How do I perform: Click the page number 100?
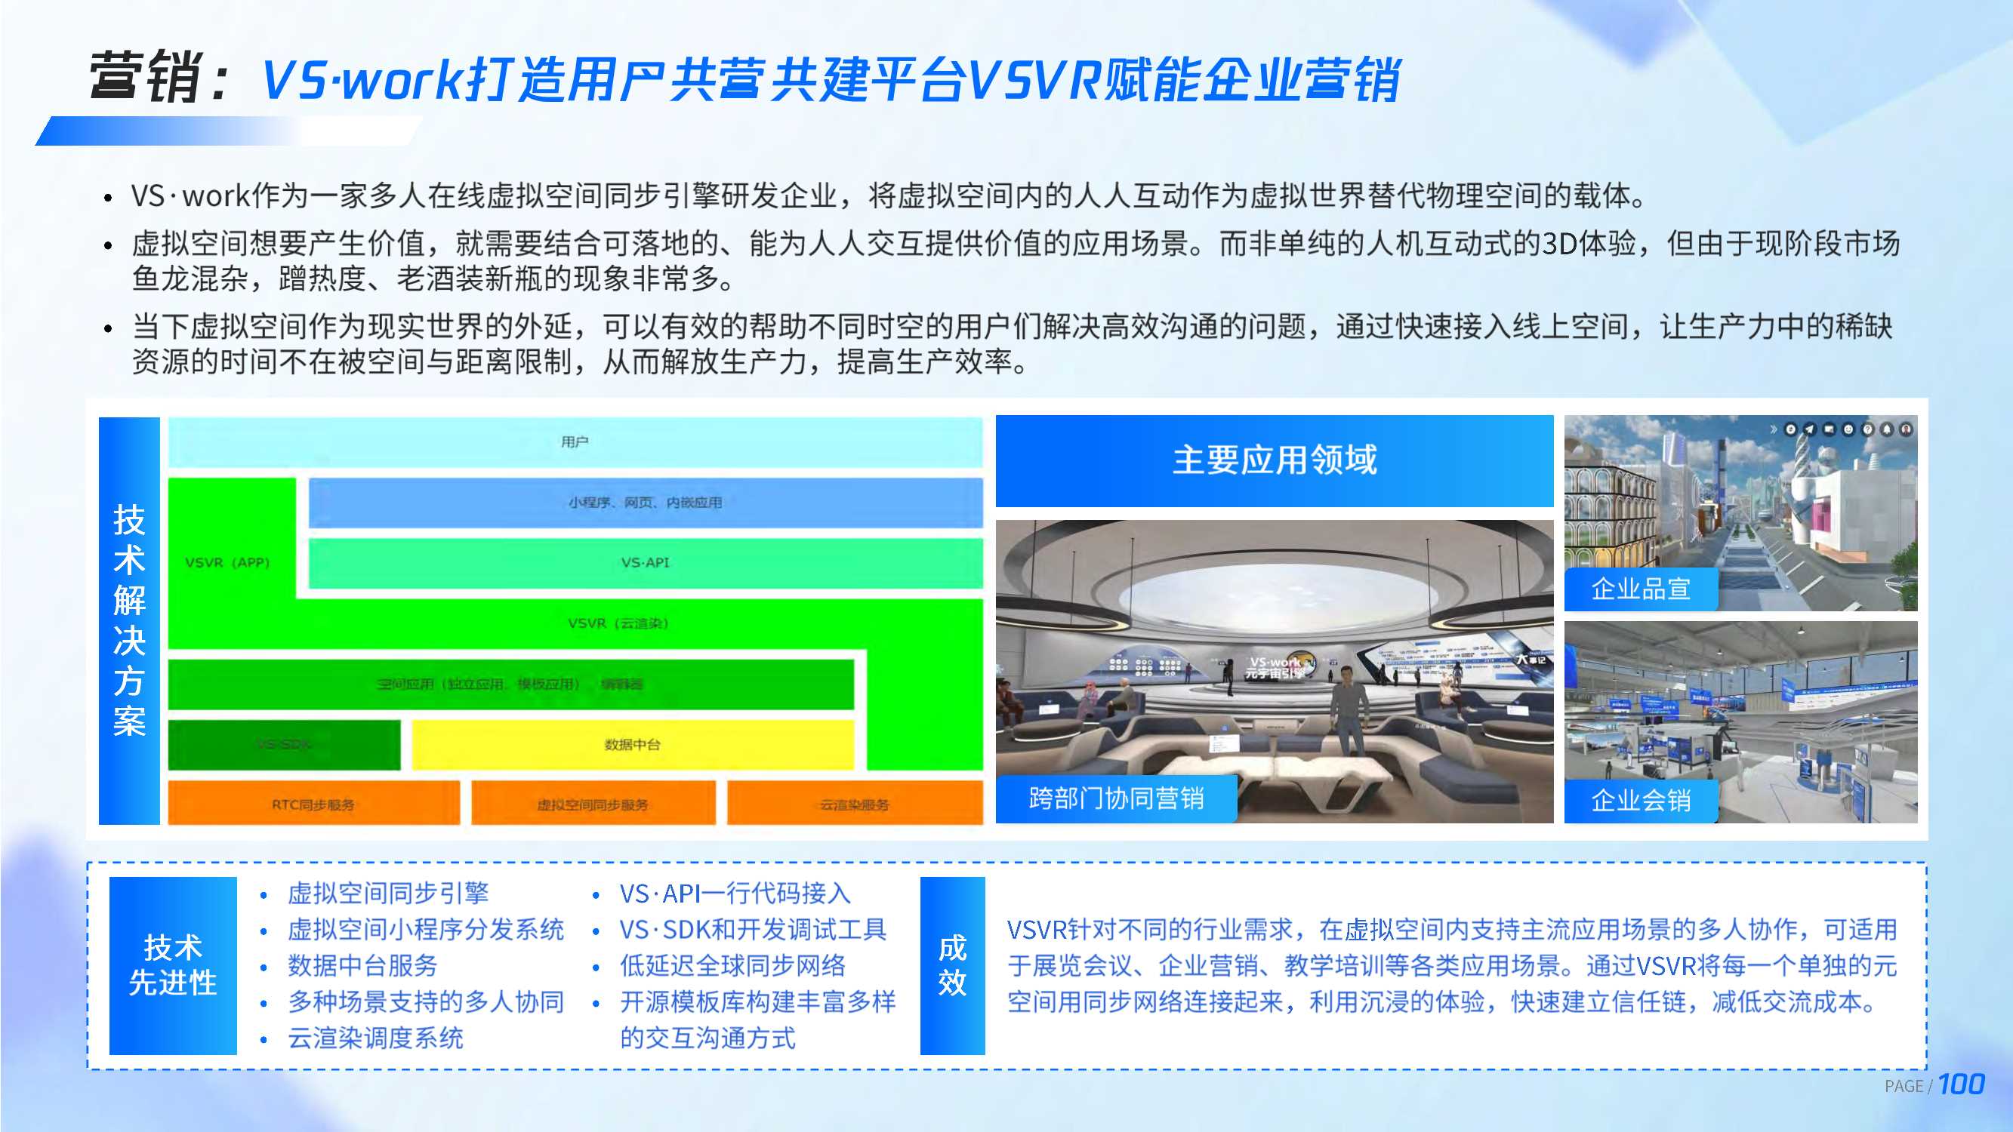point(1961,1084)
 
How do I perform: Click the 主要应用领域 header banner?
point(1274,460)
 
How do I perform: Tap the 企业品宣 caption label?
point(1640,589)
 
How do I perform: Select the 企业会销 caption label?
point(1640,800)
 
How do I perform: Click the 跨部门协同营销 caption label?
point(1115,798)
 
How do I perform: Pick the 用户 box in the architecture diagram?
point(575,442)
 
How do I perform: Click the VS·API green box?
point(645,562)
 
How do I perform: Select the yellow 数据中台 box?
point(631,745)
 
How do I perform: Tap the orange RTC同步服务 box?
point(313,804)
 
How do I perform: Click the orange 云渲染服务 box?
point(854,804)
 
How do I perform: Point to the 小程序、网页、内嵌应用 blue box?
point(645,503)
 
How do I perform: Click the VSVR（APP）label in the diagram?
point(227,562)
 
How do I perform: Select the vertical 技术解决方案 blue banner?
point(129,620)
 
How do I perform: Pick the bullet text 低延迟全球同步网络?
point(732,966)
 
